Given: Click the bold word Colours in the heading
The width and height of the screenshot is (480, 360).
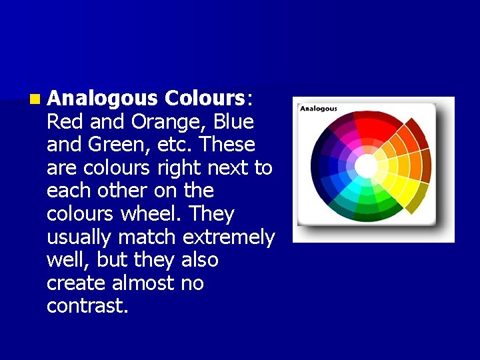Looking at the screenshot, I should [205, 98].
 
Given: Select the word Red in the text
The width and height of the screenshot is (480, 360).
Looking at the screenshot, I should [61, 121].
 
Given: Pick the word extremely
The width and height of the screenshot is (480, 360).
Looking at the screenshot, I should [228, 237].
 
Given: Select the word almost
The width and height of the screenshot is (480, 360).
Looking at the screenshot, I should [145, 283].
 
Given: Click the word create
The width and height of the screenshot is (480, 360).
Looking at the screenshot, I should [76, 283].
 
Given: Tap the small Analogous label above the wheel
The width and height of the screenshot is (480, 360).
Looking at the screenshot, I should [318, 108].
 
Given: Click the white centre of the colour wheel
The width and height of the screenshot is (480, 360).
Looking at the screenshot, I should [365, 165].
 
